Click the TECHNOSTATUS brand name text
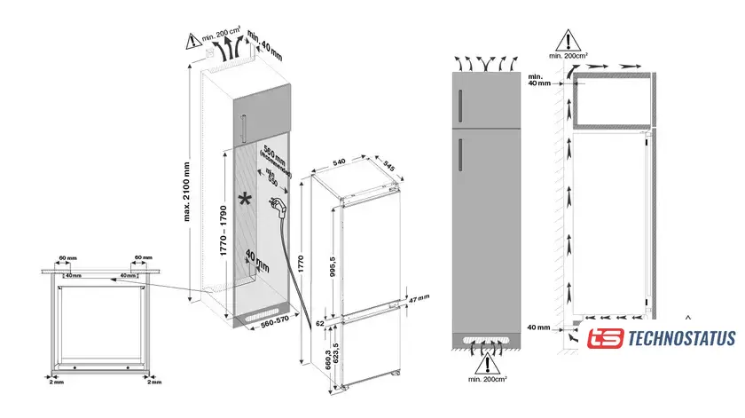(x=681, y=338)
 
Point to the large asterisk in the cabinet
(x=245, y=198)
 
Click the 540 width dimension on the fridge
(x=340, y=162)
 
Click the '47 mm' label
(x=418, y=300)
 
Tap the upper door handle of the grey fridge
(x=461, y=106)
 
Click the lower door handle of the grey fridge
(x=461, y=157)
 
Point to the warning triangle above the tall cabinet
(x=193, y=38)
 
